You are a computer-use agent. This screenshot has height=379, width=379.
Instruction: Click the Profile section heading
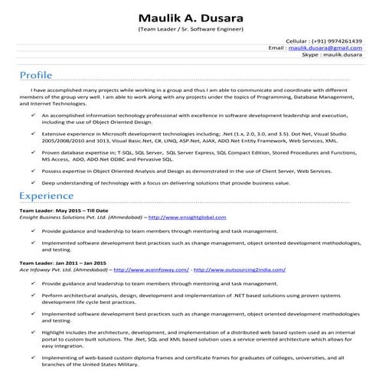37,75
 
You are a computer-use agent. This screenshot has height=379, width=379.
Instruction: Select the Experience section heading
47,196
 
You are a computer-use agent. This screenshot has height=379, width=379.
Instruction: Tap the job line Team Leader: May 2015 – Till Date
64,211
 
